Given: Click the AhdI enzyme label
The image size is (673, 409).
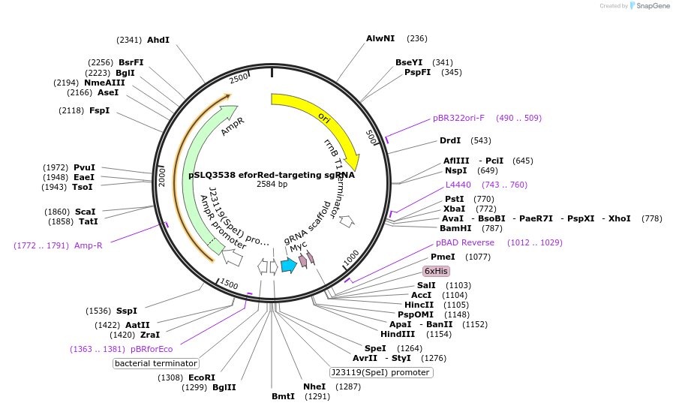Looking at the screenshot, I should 158,40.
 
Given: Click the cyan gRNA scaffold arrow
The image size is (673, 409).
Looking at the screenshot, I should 289,265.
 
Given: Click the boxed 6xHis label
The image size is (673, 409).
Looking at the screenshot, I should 436,271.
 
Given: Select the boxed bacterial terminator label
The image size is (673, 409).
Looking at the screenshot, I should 156,363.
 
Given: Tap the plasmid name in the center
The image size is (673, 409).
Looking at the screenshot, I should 271,174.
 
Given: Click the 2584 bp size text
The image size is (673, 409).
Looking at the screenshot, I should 272,184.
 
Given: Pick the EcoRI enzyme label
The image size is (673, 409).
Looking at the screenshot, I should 201,377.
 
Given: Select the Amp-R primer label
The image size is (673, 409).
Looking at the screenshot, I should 89,245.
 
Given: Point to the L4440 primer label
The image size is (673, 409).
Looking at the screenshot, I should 458,185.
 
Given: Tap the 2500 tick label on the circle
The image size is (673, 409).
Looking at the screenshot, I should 238,79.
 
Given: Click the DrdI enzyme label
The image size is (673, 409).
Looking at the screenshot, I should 450,140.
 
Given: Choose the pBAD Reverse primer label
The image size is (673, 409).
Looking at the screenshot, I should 465,242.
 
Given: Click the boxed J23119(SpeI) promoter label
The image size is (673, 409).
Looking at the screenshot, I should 381,372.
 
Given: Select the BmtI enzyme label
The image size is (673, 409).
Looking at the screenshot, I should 284,396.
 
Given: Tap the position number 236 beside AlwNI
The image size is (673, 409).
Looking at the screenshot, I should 417,38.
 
